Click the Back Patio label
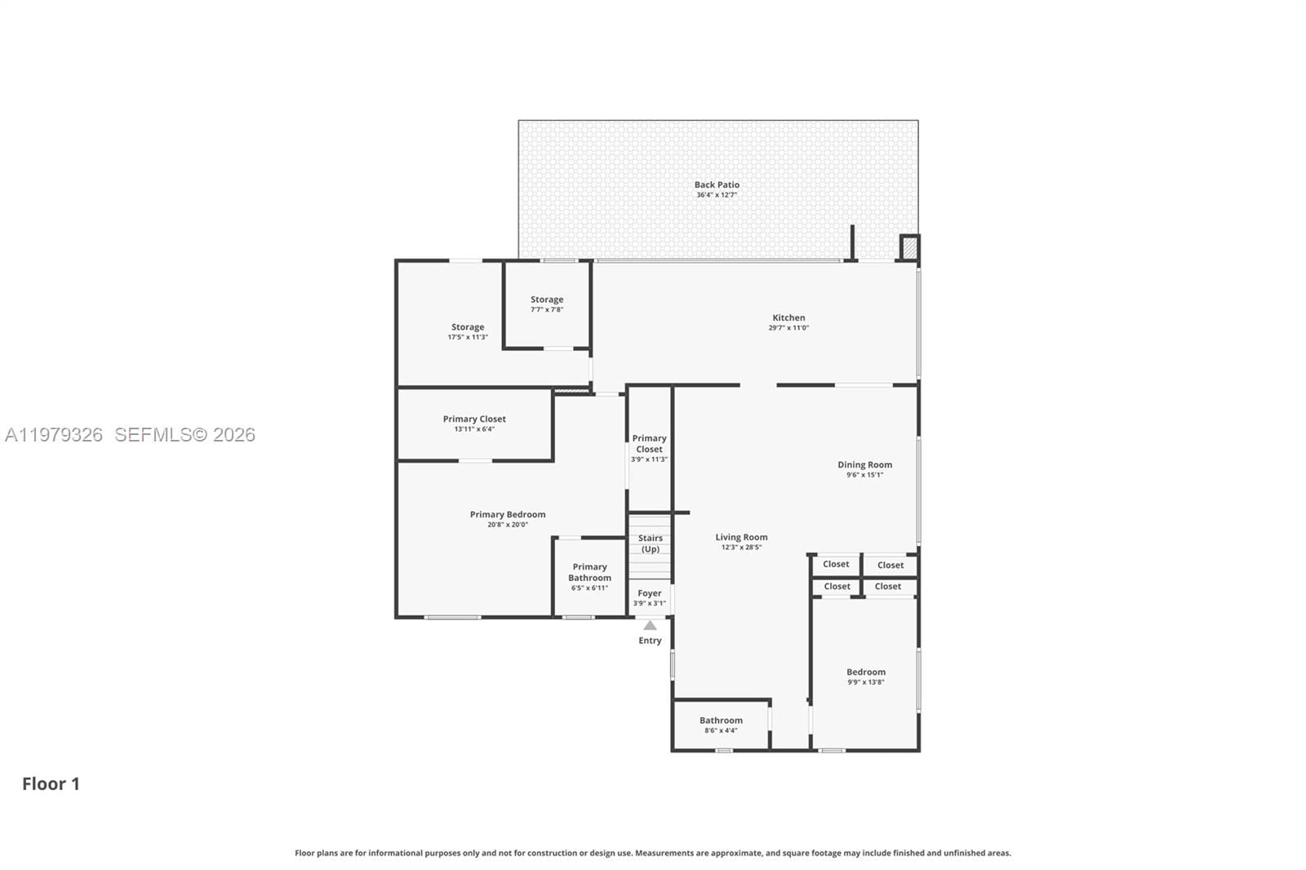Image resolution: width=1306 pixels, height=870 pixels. click(x=717, y=185)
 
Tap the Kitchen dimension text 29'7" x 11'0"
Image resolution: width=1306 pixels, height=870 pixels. click(x=788, y=328)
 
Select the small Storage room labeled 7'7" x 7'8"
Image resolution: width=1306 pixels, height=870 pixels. click(x=547, y=304)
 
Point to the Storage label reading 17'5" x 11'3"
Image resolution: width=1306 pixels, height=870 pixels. click(x=468, y=331)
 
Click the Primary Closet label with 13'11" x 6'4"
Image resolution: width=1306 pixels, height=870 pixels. click(x=474, y=423)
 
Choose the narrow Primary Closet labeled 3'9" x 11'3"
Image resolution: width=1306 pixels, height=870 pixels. click(x=649, y=448)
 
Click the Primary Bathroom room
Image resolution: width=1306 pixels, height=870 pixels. click(x=589, y=576)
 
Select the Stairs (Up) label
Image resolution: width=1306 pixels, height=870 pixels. click(x=651, y=544)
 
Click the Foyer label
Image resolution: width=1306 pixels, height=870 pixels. click(x=650, y=593)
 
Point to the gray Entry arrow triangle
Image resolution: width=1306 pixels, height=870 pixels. click(x=650, y=626)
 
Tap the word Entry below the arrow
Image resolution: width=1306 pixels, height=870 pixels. click(x=650, y=641)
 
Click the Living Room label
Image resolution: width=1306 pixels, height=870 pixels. click(x=741, y=538)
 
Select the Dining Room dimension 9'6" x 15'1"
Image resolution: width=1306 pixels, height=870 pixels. click(x=864, y=475)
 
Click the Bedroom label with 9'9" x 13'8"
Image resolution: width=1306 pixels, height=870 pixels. click(x=866, y=677)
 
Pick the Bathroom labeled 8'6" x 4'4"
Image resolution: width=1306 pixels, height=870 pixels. click(x=721, y=725)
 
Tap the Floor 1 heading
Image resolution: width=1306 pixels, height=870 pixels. click(x=51, y=783)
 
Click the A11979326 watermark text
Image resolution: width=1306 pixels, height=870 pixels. click(x=54, y=435)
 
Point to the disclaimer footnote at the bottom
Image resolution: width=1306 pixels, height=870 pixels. click(x=653, y=853)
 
